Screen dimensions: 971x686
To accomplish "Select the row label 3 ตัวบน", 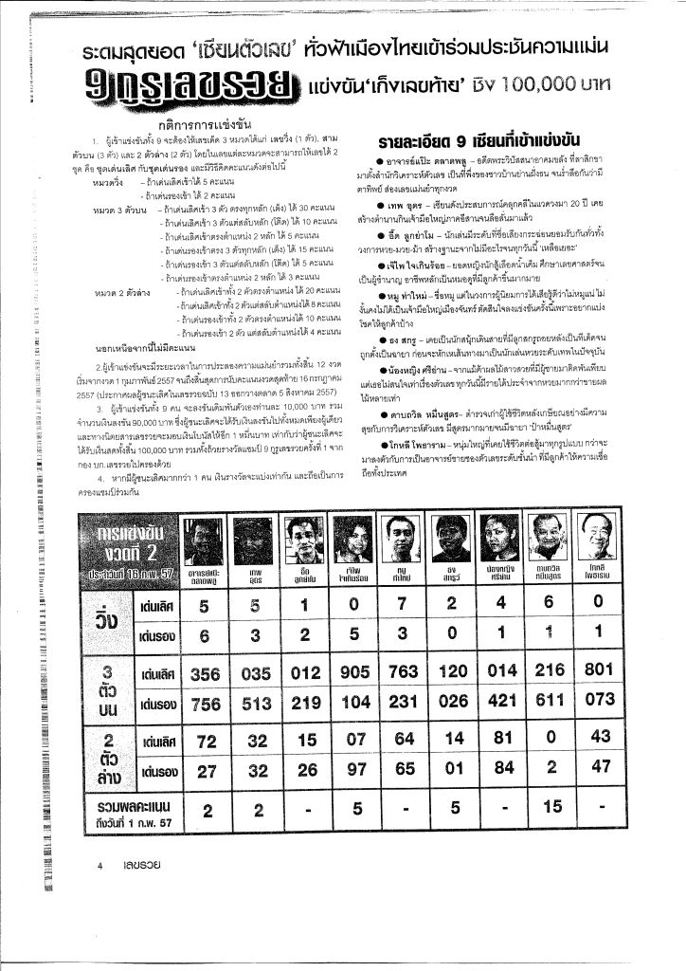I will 106,688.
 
